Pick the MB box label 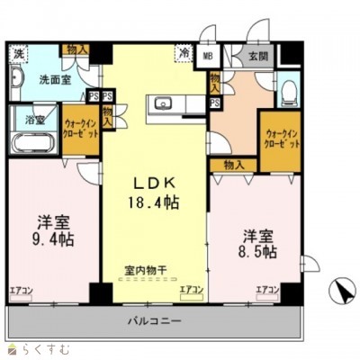(208, 57)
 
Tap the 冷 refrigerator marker (184, 54)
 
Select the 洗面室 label (53, 78)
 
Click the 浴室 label (21, 118)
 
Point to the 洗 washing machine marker (18, 53)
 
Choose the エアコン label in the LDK (190, 290)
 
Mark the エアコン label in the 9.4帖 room (22, 290)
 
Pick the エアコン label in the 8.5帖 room (267, 290)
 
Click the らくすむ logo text (36, 347)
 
